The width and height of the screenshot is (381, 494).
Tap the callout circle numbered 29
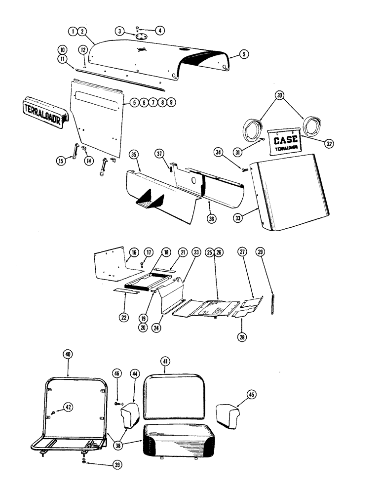click(x=261, y=252)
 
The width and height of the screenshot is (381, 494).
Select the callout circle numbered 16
click(x=133, y=252)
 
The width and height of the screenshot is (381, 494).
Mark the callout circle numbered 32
click(x=315, y=144)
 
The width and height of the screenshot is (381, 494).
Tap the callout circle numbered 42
click(x=68, y=408)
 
